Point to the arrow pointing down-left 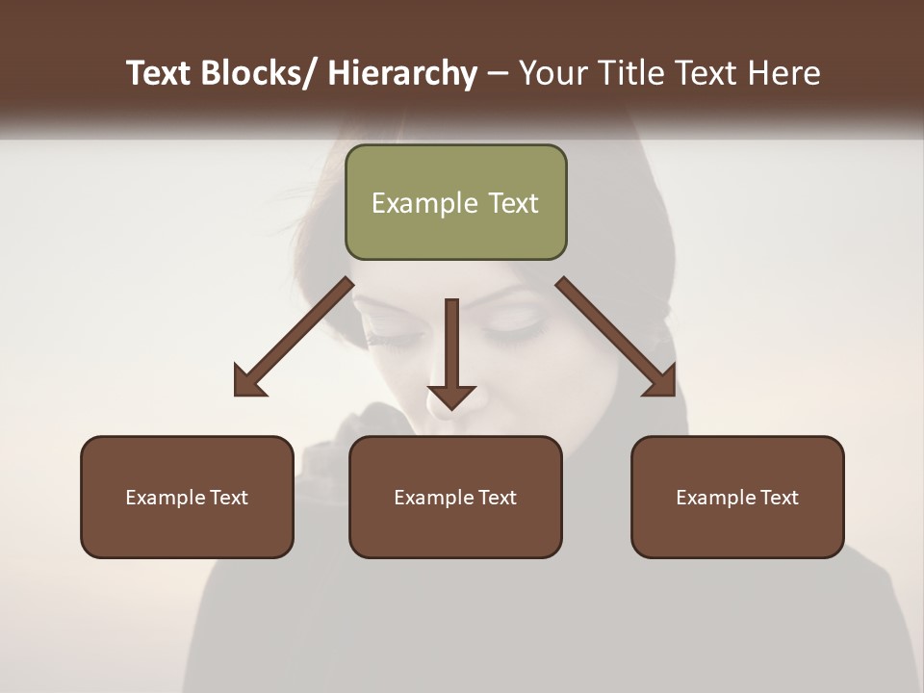(x=294, y=337)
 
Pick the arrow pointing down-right (x=616, y=337)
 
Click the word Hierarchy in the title (x=402, y=73)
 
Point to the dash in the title (x=498, y=73)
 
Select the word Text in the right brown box (x=778, y=498)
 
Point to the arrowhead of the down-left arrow (x=247, y=382)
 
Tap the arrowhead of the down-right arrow (x=662, y=382)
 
